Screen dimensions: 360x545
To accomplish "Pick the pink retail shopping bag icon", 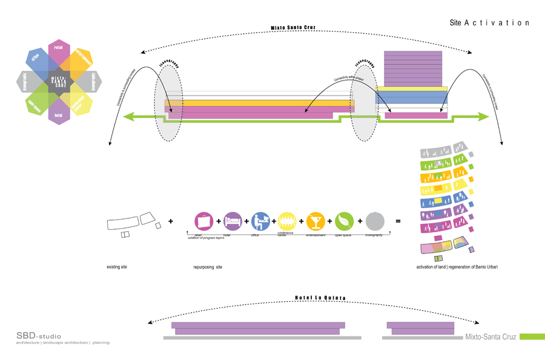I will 203,221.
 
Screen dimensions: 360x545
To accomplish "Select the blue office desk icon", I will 260,221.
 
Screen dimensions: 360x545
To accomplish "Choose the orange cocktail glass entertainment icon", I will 315,221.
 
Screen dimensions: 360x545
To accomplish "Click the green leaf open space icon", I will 344,221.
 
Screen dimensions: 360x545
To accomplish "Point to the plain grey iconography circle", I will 374,221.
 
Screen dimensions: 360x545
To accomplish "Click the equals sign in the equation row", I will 398,222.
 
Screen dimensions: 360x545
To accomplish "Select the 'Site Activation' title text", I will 489,22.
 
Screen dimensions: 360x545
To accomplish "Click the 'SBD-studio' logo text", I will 39,336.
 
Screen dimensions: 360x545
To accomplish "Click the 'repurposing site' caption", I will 208,267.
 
